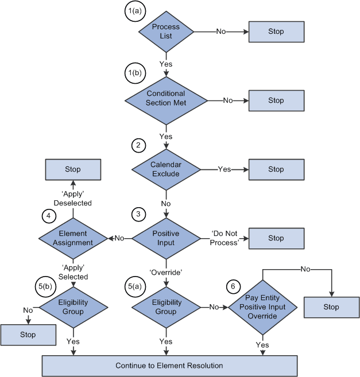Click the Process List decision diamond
166,32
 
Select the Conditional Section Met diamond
166,98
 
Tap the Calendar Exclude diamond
166,169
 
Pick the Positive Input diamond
166,238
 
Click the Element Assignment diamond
73,238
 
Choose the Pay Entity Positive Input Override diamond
262,307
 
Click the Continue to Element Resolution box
169,366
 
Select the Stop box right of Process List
276,32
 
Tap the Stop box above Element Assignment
73,169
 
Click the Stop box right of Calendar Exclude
276,169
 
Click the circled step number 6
232,286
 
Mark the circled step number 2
137,145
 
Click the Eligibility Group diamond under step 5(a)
166,307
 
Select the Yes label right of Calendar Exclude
224,169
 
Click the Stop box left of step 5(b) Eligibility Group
28,335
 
